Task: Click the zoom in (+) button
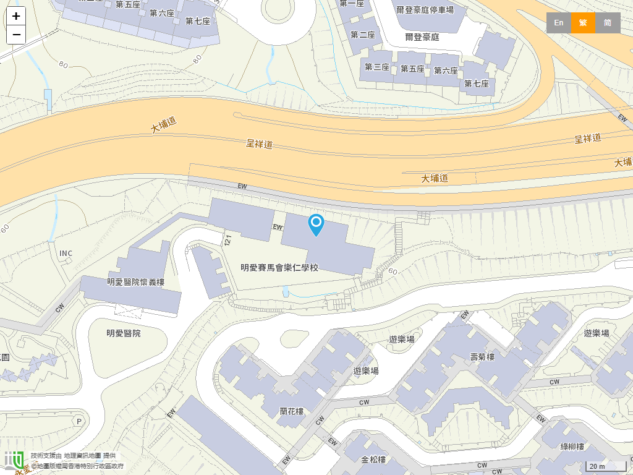[16, 16]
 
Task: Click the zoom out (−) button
[16, 35]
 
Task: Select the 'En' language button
[558, 23]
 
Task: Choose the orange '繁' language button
[583, 23]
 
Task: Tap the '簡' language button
[608, 23]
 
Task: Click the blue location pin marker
[316, 225]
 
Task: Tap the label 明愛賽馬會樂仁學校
[279, 268]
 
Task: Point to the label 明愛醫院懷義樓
[136, 283]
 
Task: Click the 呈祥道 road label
[260, 144]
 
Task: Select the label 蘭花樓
[292, 411]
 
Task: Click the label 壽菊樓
[483, 357]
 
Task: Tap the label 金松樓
[373, 460]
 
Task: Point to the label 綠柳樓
[572, 447]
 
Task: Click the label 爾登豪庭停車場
[425, 10]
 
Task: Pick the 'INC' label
[66, 254]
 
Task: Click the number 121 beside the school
[227, 240]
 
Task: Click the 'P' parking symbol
[79, 421]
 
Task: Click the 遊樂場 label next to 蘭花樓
[366, 371]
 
